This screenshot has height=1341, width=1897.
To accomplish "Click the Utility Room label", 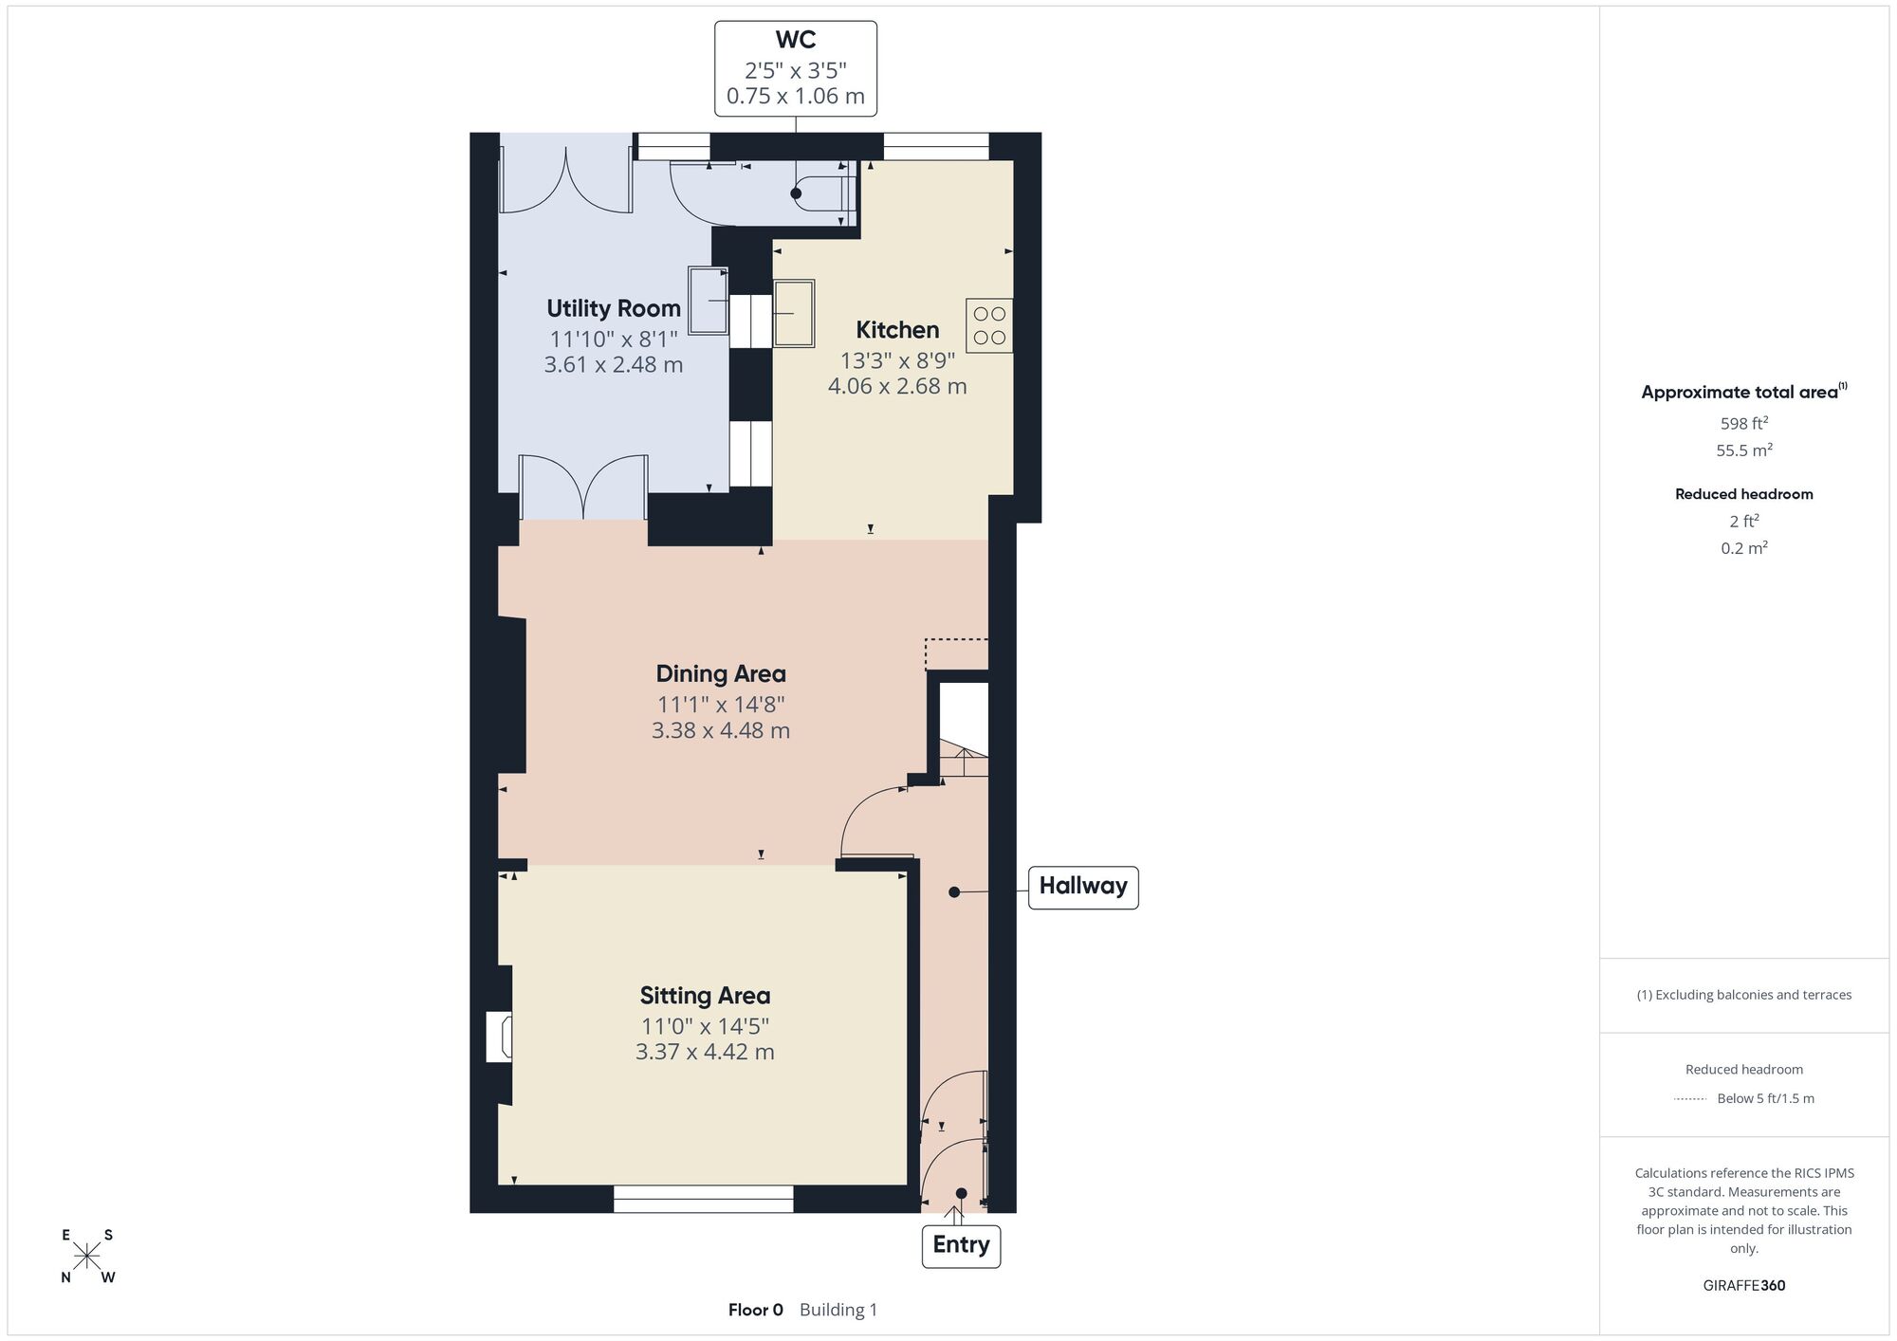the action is click(614, 308).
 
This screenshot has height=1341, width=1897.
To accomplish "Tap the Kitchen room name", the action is click(897, 330).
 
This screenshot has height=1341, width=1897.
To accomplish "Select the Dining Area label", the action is click(721, 674).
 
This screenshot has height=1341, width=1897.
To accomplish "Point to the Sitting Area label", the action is click(705, 996).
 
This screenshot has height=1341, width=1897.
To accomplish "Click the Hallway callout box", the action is click(1083, 887).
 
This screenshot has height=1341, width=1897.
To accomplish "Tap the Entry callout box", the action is click(961, 1245).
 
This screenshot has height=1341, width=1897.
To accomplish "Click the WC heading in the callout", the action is click(795, 40).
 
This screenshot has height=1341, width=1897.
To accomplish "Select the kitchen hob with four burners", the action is click(989, 326).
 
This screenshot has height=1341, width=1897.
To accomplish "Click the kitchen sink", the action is click(794, 313).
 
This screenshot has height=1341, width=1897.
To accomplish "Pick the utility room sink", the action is click(709, 301).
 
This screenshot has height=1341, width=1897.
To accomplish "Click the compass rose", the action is click(87, 1257).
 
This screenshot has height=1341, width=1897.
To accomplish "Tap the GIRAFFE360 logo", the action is click(1744, 1286).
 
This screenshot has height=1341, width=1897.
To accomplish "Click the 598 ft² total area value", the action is click(1744, 423).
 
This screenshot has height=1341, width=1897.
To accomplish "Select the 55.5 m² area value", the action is click(1744, 450).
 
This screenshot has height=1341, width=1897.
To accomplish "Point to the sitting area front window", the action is click(703, 1199).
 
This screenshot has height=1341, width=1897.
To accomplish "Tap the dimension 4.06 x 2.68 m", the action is click(897, 387).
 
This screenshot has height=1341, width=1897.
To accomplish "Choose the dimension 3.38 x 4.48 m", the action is click(721, 731).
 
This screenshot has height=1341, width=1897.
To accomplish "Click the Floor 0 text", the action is click(756, 1310).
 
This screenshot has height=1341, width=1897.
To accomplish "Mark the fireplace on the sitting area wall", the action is click(500, 1036).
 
